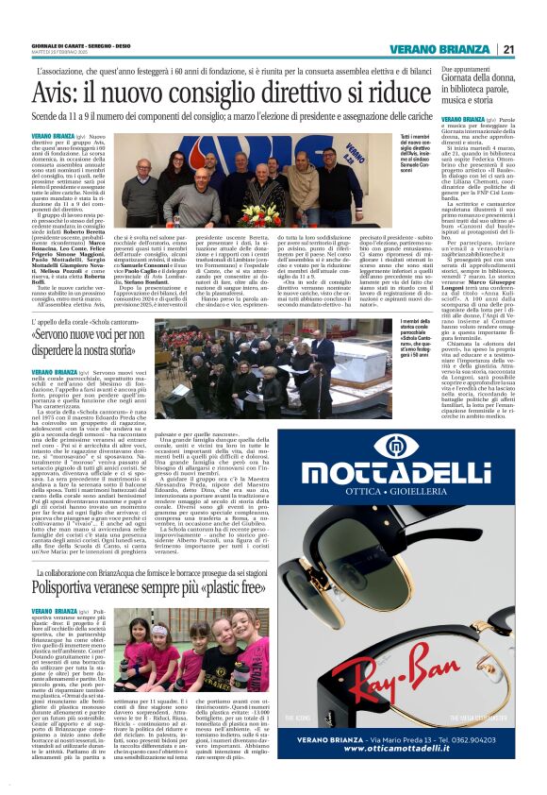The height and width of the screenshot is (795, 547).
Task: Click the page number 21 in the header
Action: click(508, 50)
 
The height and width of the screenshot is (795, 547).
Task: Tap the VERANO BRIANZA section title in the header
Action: click(442, 50)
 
